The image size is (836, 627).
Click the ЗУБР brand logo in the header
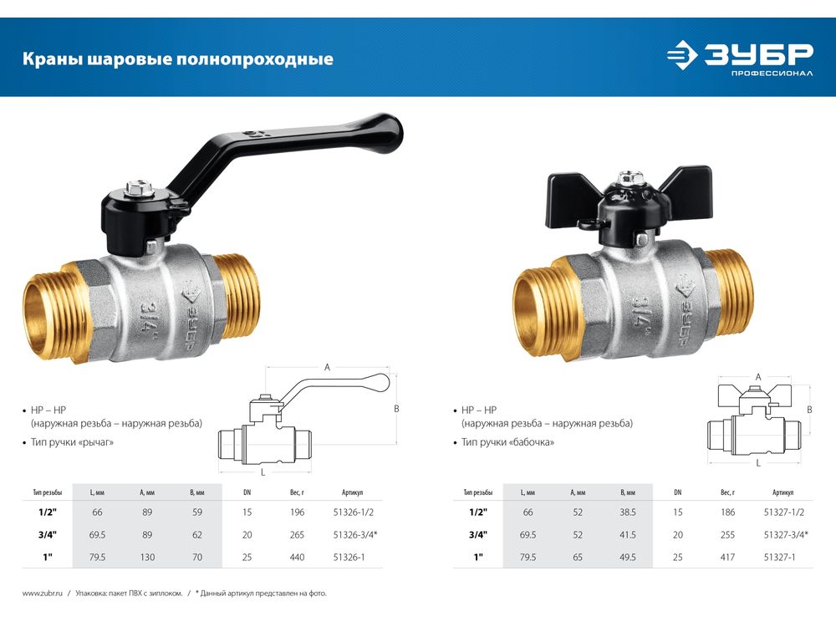point(740,58)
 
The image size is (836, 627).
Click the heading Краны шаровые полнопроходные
point(177,59)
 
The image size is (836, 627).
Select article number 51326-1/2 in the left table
point(353,512)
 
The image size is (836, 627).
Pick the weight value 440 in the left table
point(297,557)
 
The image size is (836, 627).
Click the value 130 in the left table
point(147,557)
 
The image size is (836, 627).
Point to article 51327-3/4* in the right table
point(786,535)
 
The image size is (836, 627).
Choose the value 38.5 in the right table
point(628,512)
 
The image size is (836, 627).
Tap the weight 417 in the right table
point(728,557)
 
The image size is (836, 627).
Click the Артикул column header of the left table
point(353,492)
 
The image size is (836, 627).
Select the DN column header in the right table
point(678,492)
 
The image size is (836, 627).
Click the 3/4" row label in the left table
point(48,535)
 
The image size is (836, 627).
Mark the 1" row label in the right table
point(478,557)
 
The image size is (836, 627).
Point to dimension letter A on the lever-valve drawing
point(328,367)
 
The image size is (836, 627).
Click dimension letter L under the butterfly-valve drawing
point(758,463)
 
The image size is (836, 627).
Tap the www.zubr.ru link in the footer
point(43,593)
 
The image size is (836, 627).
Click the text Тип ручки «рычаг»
point(72,442)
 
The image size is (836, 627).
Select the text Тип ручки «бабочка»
point(507,442)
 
